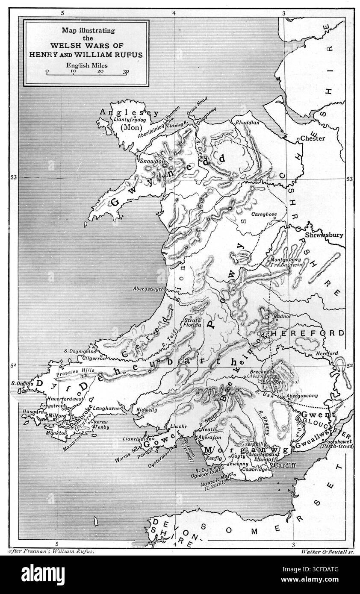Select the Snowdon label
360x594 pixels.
(x=148, y=162)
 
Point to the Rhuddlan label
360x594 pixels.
(x=248, y=122)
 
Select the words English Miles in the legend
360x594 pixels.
(x=86, y=65)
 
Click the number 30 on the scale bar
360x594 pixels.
(x=126, y=72)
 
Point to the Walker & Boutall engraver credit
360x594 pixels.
(x=326, y=552)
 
